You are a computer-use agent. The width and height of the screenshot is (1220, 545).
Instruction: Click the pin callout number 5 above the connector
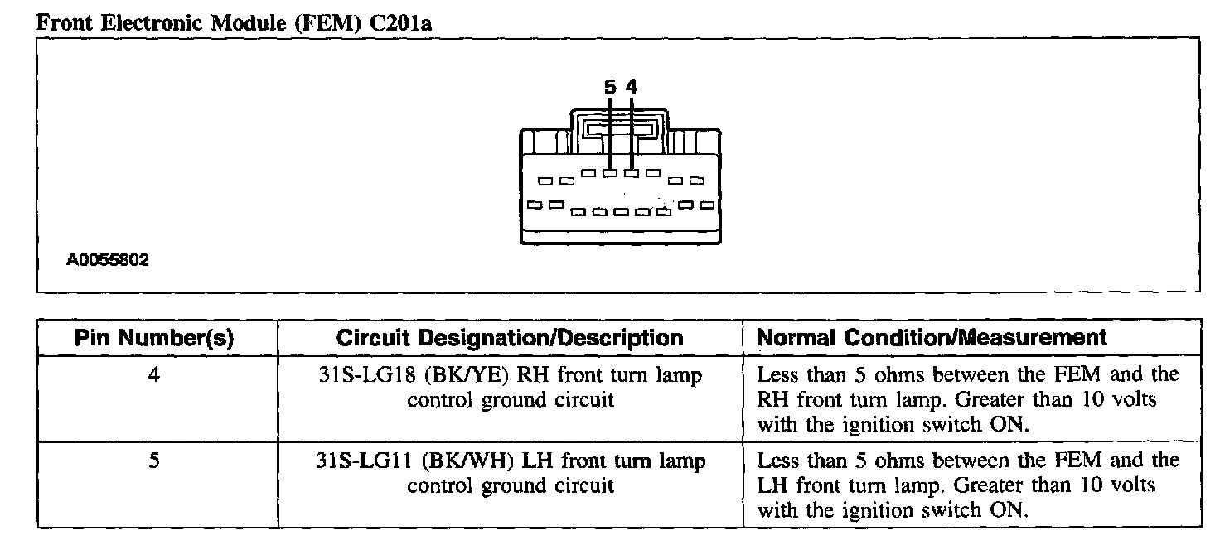coord(610,86)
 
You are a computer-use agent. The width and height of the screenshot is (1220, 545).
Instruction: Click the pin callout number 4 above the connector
coord(632,86)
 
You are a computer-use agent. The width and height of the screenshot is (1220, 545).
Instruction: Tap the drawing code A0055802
coord(109,260)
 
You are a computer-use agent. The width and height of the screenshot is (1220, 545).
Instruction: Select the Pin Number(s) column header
coord(155,338)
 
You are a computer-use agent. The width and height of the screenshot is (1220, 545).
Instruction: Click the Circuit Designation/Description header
coord(510,338)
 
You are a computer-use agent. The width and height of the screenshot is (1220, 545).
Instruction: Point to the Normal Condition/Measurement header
coord(932,338)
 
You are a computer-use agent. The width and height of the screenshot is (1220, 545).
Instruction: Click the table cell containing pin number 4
coord(155,375)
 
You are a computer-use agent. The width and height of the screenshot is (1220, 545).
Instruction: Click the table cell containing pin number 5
coord(155,461)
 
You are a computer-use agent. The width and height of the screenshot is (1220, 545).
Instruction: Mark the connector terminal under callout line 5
coord(610,173)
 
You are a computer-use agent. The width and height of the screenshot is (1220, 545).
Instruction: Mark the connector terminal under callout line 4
coord(632,173)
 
